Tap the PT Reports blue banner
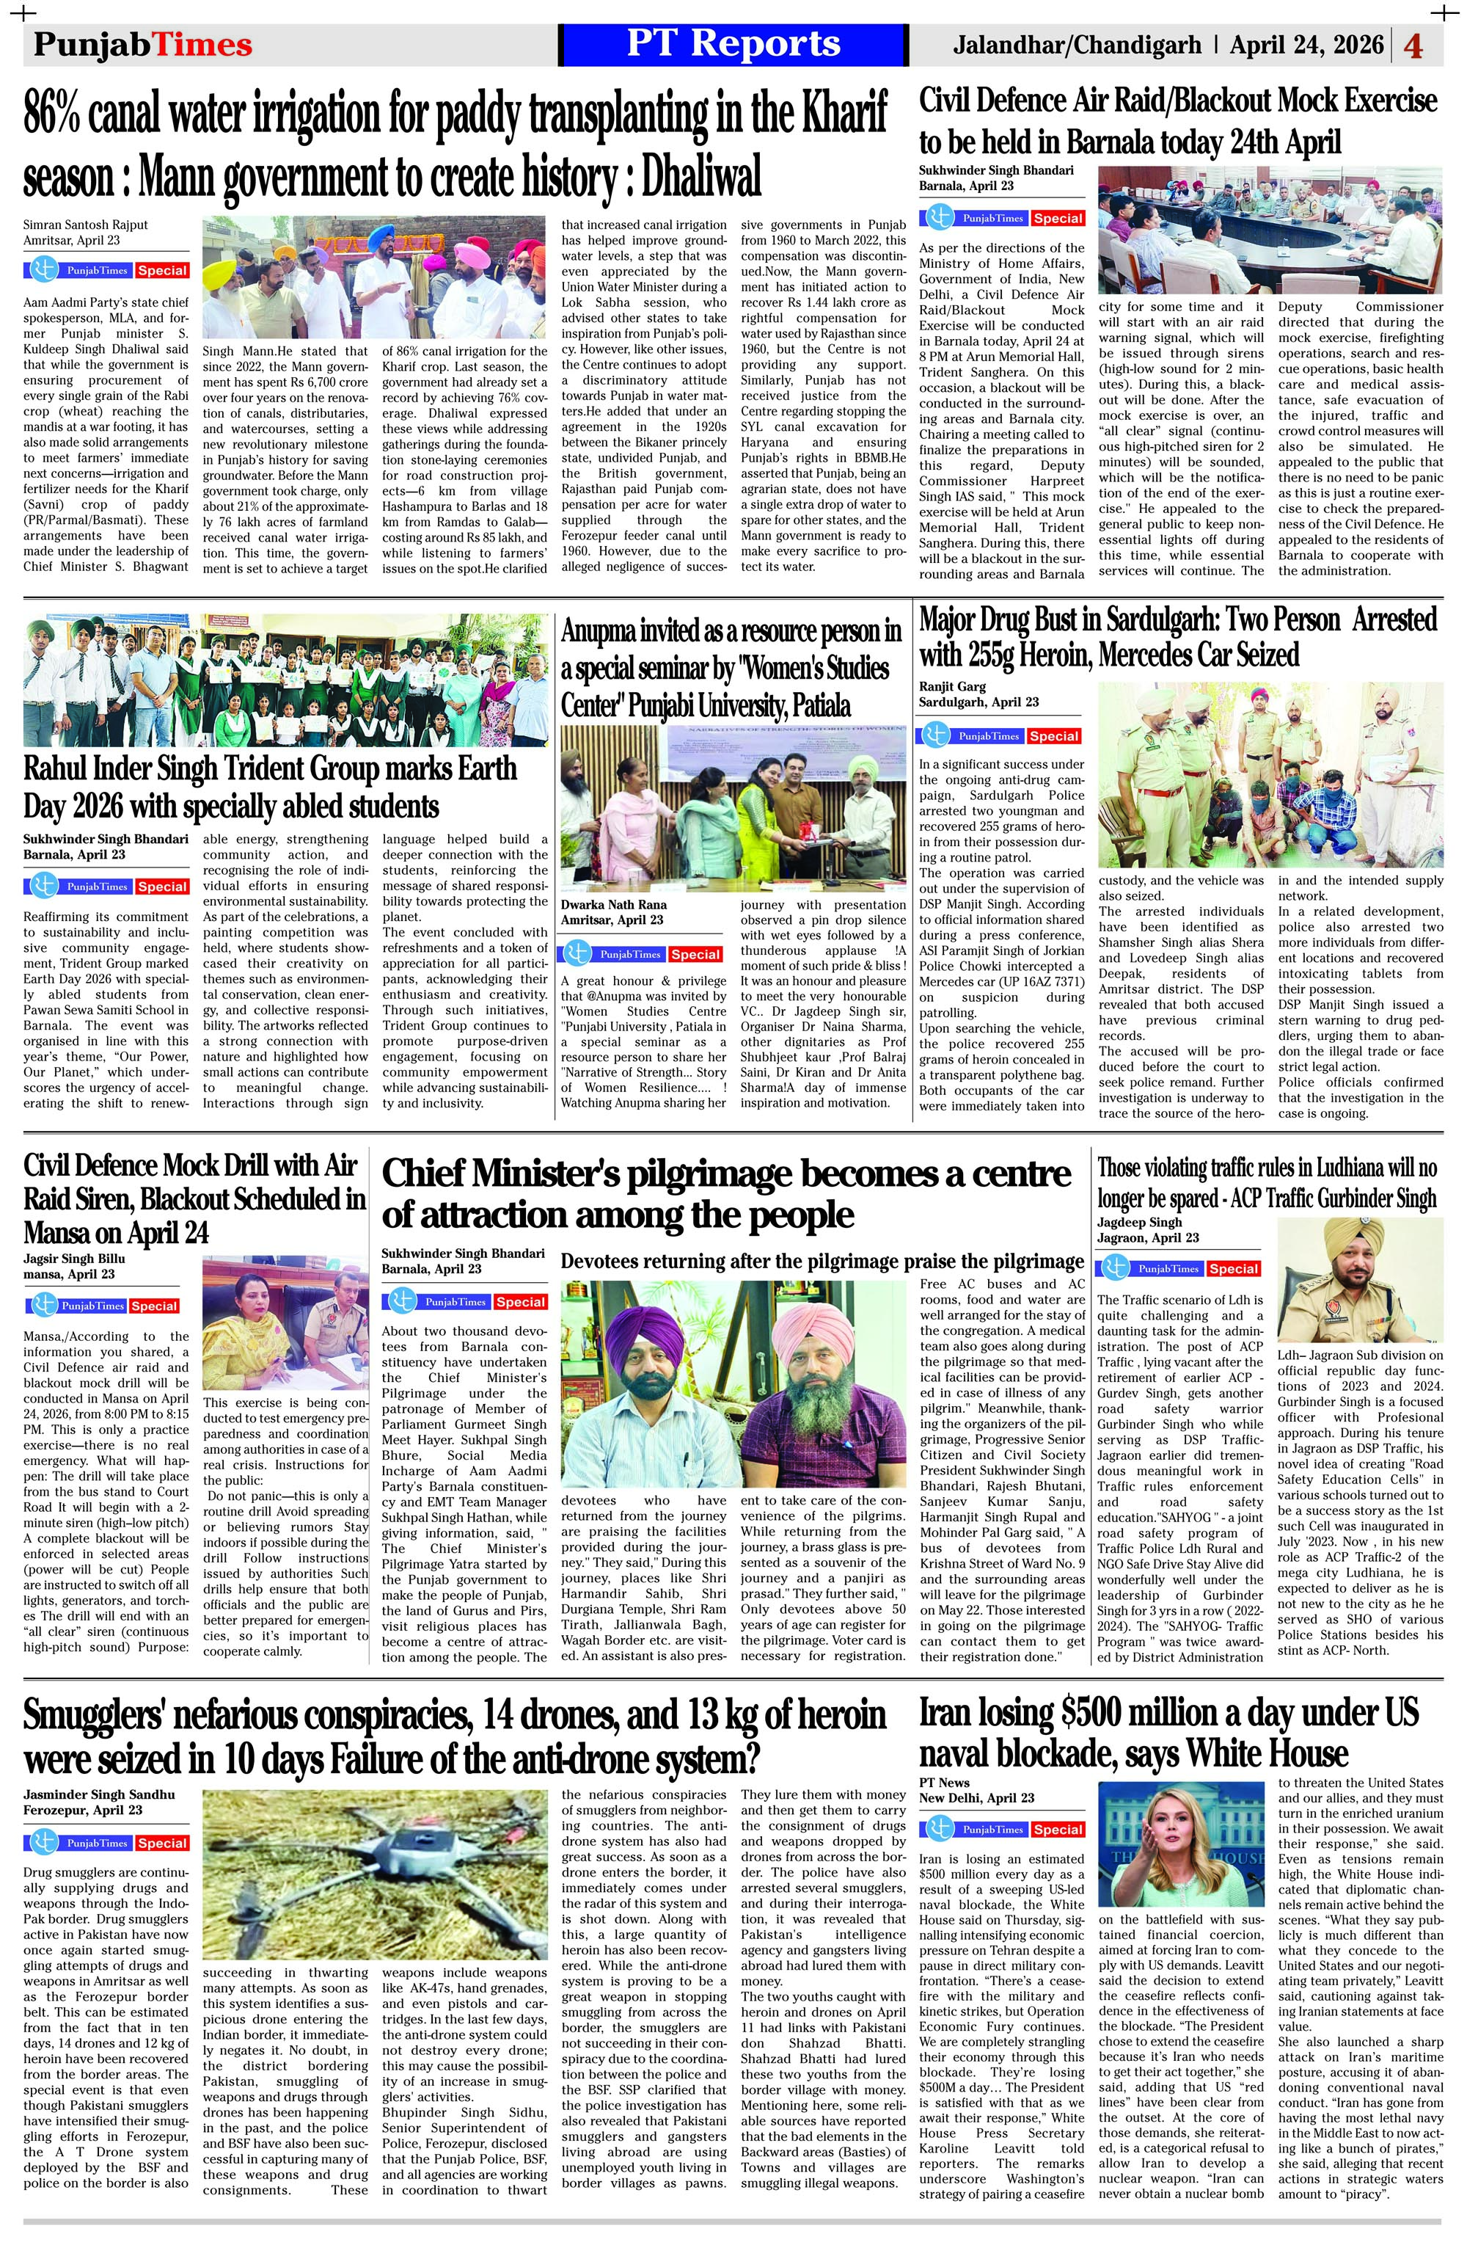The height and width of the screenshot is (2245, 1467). tap(733, 44)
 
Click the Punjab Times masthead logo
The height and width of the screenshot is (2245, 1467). tap(142, 46)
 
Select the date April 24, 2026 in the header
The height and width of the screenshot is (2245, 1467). tap(1306, 46)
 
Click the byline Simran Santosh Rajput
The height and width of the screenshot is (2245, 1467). tap(86, 225)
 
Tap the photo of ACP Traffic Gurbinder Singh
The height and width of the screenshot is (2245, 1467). tap(1359, 1280)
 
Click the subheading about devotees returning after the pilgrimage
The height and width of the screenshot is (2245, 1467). tap(822, 1261)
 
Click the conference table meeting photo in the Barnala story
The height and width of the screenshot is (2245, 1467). tap(1269, 230)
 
